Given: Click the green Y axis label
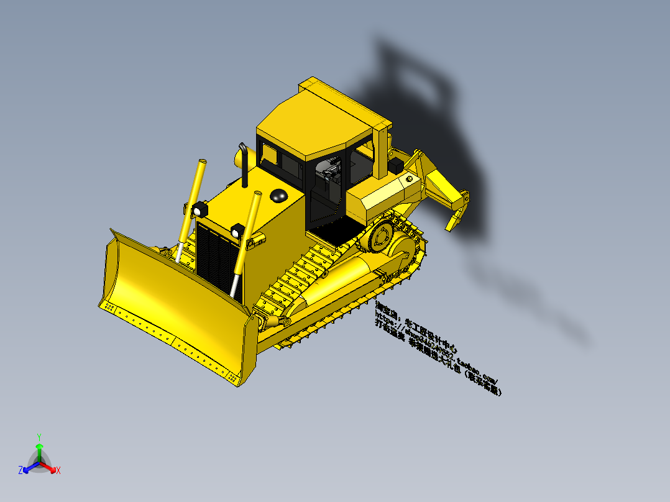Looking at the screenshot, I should click(39, 437).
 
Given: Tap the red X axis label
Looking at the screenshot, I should click(58, 471).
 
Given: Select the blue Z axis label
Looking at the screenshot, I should click(21, 471).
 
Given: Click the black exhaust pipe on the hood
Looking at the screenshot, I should click(244, 165).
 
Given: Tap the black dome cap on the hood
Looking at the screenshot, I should click(278, 196).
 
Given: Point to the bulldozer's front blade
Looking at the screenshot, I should click(168, 304).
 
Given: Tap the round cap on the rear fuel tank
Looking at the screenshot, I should click(409, 178).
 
